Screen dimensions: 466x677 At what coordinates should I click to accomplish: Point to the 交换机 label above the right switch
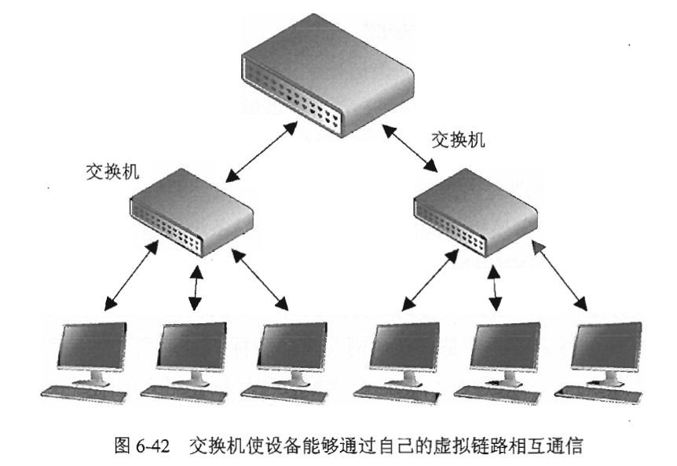click(459, 140)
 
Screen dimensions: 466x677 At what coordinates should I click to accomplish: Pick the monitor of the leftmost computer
click(93, 348)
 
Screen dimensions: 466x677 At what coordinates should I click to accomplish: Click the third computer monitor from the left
click(291, 348)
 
